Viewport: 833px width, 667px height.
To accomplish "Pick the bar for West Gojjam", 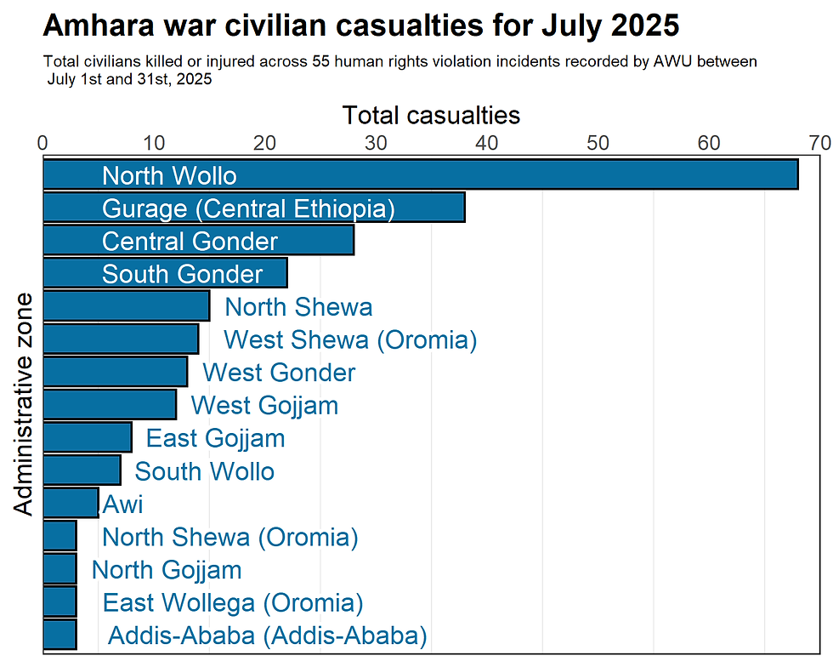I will [109, 405].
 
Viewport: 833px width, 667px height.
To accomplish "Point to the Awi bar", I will [70, 504].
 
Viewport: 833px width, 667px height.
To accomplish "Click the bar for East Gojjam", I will [87, 438].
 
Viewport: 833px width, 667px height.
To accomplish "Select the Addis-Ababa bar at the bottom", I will [59, 636].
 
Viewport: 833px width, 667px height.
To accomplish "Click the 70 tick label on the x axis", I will [819, 143].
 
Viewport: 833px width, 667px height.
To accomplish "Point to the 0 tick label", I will [43, 143].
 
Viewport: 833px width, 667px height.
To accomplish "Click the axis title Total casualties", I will [431, 115].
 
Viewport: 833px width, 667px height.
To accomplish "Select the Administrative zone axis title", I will [25, 403].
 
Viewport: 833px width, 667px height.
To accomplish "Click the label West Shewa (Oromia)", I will [350, 340].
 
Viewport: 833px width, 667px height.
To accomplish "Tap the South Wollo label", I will [205, 471].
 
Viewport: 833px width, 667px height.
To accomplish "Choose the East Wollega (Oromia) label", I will [233, 603].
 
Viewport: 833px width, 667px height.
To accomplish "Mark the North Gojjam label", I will [167, 570].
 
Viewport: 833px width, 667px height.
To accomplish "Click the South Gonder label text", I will [182, 274].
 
